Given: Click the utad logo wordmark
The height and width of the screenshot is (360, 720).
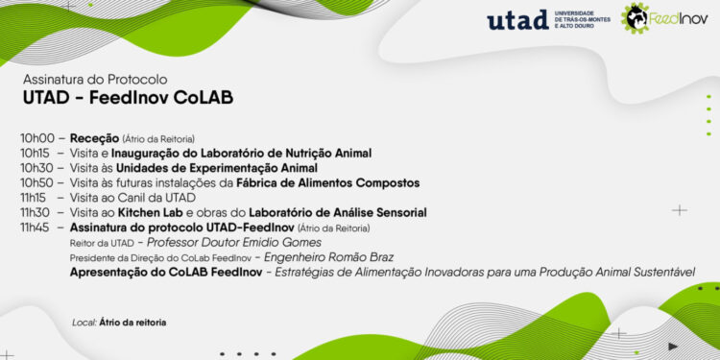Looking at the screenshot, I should [x=517, y=20].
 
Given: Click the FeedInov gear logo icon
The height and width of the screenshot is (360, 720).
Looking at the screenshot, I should [x=634, y=17].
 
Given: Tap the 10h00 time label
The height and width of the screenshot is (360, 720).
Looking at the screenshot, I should [x=37, y=138].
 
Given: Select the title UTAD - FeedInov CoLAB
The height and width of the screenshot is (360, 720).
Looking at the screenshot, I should [x=128, y=98].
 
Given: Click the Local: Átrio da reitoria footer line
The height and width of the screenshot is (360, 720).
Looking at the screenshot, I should [x=119, y=322].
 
